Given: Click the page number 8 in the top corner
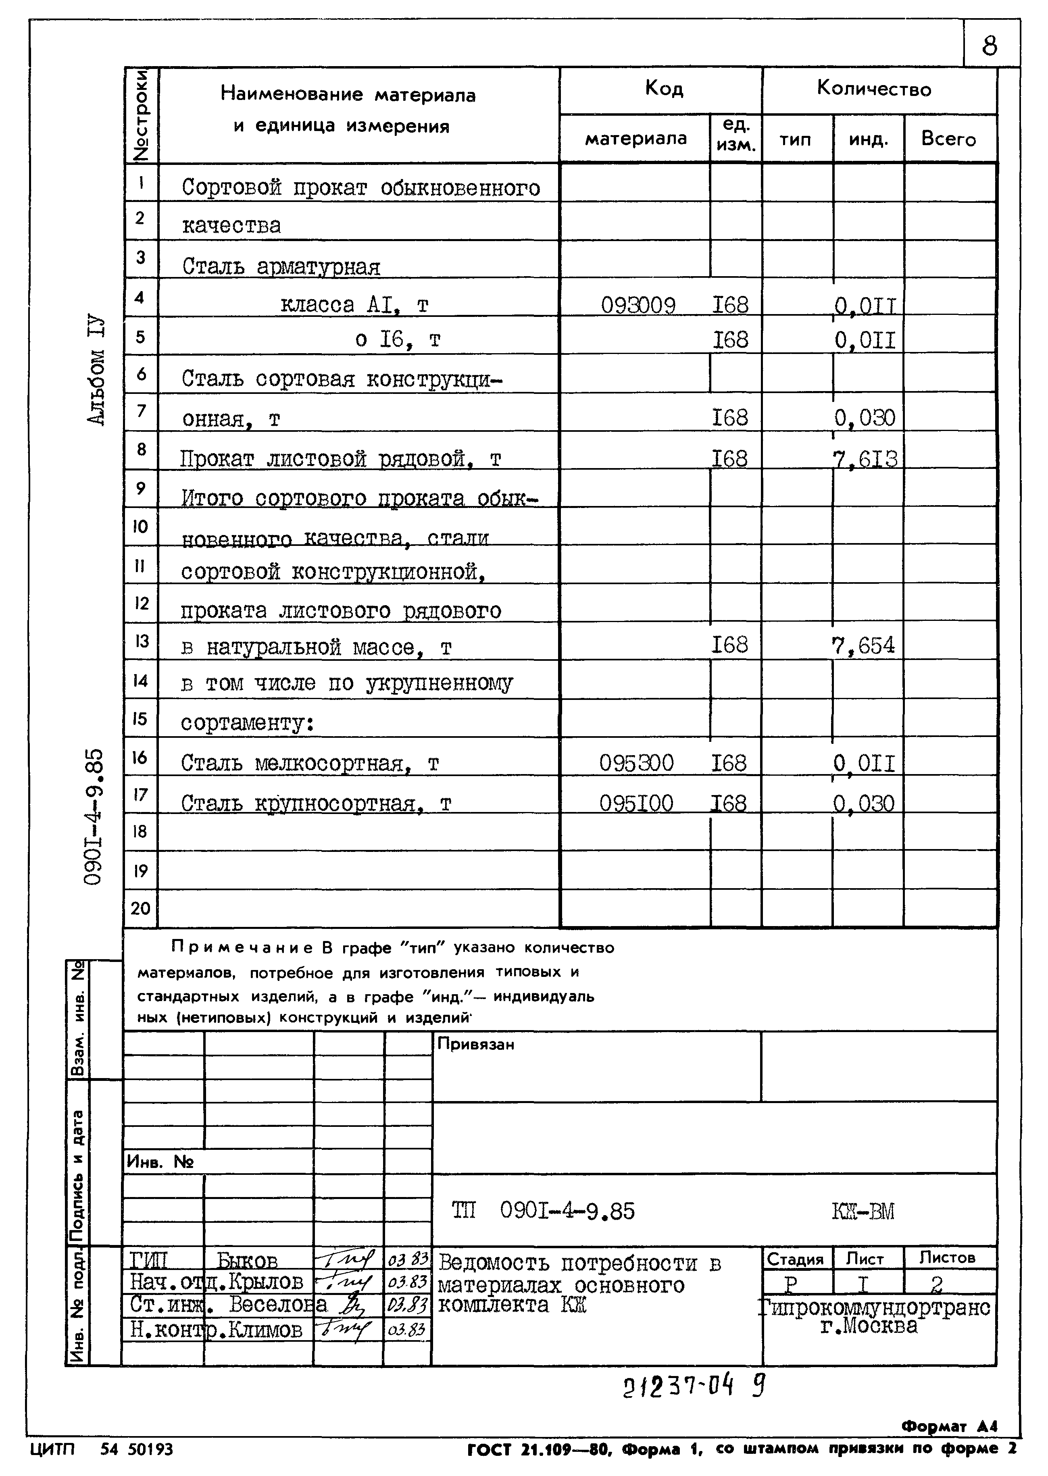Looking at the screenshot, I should point(989,46).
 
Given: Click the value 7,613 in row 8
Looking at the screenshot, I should point(865,459).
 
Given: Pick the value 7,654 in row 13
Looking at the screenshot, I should point(863,645).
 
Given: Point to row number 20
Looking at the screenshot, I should point(140,908).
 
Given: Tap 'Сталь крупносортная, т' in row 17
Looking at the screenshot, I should point(316,803).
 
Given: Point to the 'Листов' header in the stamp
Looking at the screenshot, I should point(947,1257).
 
